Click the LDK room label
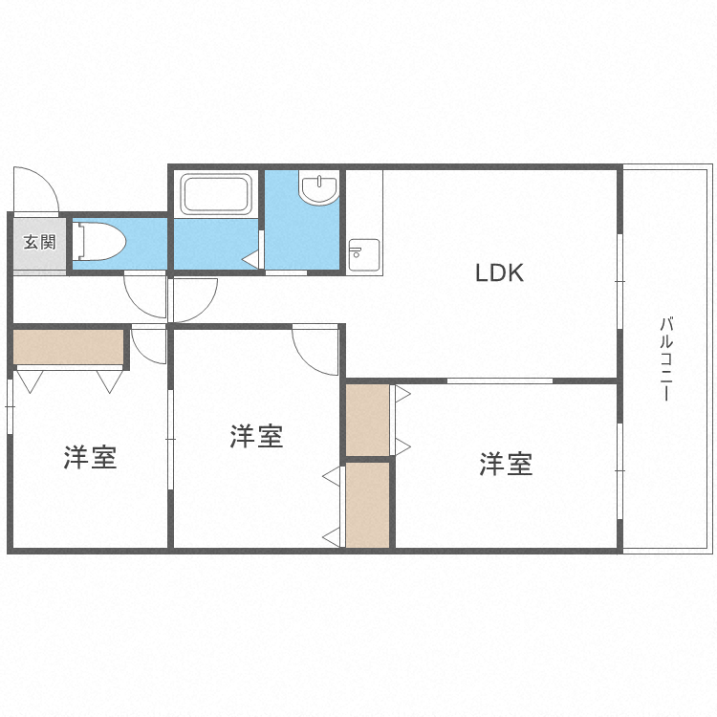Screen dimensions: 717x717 [x=500, y=273]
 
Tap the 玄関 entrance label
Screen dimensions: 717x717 [x=39, y=242]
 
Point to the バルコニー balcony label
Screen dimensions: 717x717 [x=666, y=359]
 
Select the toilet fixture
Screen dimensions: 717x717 [x=99, y=241]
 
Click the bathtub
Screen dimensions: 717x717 [x=216, y=194]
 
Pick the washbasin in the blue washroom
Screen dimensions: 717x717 [x=318, y=187]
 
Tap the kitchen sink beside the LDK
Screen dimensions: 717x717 [x=363, y=254]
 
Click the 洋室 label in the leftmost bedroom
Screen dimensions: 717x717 [x=91, y=458]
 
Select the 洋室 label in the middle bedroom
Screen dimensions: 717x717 [x=256, y=437]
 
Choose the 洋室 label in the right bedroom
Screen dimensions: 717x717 [x=506, y=465]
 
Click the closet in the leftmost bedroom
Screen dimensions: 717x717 [x=69, y=347]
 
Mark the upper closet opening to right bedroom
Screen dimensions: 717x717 [x=368, y=420]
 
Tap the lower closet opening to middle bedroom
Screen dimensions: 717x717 [x=368, y=504]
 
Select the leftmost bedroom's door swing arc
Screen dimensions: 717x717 [x=148, y=345]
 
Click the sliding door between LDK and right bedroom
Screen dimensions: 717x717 [x=500, y=380]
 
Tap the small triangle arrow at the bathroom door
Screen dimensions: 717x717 [x=250, y=258]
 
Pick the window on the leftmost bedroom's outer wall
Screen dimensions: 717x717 [x=10, y=406]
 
